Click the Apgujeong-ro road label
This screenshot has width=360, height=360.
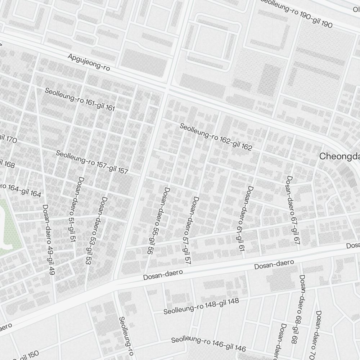pyautogui.click(x=89, y=62)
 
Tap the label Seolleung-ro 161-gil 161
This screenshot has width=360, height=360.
pyautogui.click(x=80, y=99)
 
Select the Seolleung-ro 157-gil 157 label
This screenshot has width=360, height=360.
pyautogui.click(x=92, y=162)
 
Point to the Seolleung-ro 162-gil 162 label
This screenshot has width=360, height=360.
pyautogui.click(x=216, y=137)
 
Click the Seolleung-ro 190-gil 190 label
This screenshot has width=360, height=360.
pyautogui.click(x=296, y=13)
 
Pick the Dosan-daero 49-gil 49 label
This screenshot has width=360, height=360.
pyautogui.click(x=49, y=239)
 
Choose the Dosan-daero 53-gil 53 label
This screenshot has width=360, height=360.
pyautogui.click(x=95, y=230)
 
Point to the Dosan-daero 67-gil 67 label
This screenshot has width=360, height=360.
pyautogui.click(x=293, y=211)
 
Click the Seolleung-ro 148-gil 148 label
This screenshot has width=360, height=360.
pyautogui.click(x=201, y=306)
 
